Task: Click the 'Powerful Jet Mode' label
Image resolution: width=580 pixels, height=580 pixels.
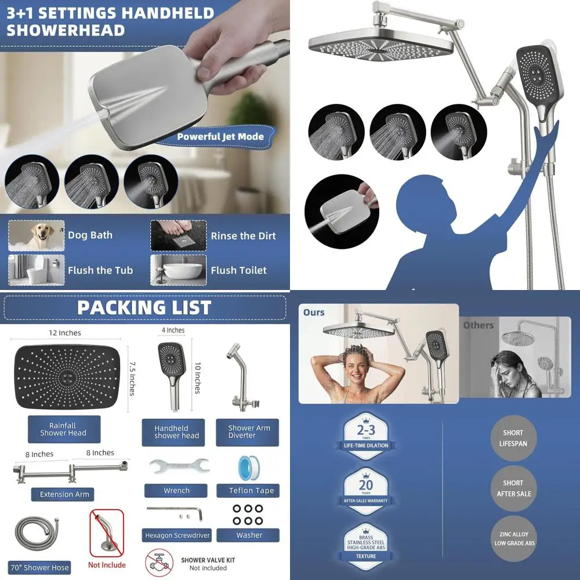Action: coord(220,137)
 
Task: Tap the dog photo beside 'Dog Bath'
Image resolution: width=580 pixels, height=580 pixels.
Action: coord(36,235)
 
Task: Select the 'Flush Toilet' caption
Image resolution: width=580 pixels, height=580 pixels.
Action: coord(238,270)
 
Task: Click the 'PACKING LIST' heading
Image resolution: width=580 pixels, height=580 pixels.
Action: coord(144,307)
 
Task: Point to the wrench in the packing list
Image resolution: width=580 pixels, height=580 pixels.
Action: coord(176,466)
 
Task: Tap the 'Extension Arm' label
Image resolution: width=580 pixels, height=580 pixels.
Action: coord(64,494)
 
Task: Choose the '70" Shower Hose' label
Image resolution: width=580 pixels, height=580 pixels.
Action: coord(39,567)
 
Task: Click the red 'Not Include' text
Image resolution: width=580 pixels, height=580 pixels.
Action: coord(107,564)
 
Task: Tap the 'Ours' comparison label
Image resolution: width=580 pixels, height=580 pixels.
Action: coord(314,313)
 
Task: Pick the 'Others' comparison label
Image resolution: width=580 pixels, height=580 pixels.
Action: coord(478,325)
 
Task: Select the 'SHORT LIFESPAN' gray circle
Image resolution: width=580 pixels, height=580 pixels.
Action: coord(513,438)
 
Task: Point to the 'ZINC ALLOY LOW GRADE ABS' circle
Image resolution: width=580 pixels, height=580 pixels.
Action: coord(513,539)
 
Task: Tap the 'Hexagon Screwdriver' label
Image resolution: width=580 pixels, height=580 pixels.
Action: coord(177,535)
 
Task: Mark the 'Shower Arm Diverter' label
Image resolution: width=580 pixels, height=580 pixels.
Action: coord(249,432)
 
